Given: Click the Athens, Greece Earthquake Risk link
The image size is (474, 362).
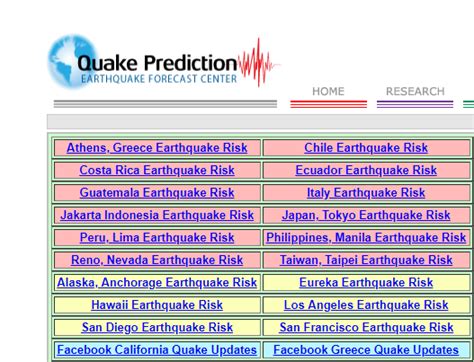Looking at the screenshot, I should point(157,148).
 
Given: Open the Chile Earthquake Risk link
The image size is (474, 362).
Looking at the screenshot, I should point(366,148).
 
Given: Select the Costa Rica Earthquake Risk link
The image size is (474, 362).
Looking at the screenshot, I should point(157,170).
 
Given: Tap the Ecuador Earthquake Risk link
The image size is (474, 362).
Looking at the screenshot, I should point(366,170).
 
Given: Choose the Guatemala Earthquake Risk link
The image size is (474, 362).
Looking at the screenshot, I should point(157,193).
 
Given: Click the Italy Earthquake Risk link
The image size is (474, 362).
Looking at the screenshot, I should point(366,193).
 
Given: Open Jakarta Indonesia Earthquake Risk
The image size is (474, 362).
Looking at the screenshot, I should point(157,215).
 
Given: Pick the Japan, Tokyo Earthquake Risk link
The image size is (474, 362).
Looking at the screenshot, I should point(366,215).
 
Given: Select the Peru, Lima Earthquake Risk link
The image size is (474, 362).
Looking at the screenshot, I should point(157,238).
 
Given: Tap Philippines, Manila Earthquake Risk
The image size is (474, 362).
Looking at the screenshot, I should point(366,238).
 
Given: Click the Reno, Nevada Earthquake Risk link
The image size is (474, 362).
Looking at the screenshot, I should point(157,260).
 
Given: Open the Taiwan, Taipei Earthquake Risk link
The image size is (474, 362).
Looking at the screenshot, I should point(366,260).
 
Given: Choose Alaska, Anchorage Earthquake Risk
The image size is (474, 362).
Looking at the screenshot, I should point(157,283).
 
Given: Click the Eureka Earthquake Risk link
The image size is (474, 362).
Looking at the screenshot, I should point(366,283).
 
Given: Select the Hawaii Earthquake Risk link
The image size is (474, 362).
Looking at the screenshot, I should point(157,305).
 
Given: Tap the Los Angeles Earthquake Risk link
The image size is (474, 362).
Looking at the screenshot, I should point(366,305).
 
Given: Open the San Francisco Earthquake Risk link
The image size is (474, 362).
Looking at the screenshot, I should point(366,327).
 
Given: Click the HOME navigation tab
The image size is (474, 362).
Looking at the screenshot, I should point(328,91).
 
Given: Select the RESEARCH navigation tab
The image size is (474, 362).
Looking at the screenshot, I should point(415,91).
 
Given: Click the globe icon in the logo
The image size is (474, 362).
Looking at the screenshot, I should point(72,63).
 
